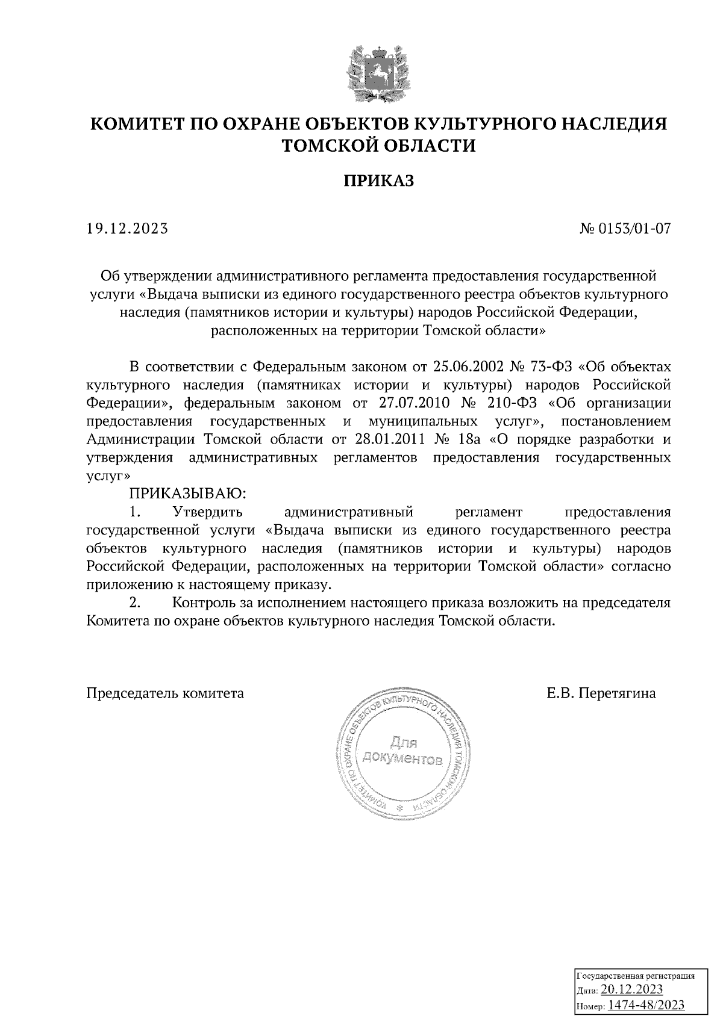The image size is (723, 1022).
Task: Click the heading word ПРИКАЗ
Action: pos(379,181)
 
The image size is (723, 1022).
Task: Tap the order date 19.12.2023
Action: pos(127,229)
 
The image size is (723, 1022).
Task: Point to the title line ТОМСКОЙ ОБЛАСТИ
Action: pos(379,145)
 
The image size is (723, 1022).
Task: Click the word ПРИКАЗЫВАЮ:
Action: pos(188,494)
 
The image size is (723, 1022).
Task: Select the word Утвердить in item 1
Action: pos(207,512)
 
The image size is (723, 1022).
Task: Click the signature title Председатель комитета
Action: pos(165,693)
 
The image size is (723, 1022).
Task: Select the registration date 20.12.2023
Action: pos(633,991)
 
